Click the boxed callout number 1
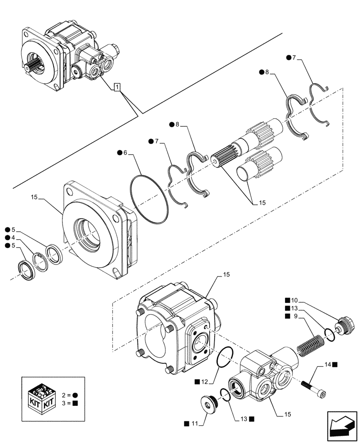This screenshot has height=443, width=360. pyautogui.click(x=117, y=87)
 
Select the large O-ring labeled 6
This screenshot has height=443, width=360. pyautogui.click(x=150, y=199)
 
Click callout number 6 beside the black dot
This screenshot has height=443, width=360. pyautogui.click(x=125, y=152)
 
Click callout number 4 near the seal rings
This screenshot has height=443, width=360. pyautogui.click(x=13, y=237)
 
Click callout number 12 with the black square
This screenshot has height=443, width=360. pyautogui.click(x=203, y=381)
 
